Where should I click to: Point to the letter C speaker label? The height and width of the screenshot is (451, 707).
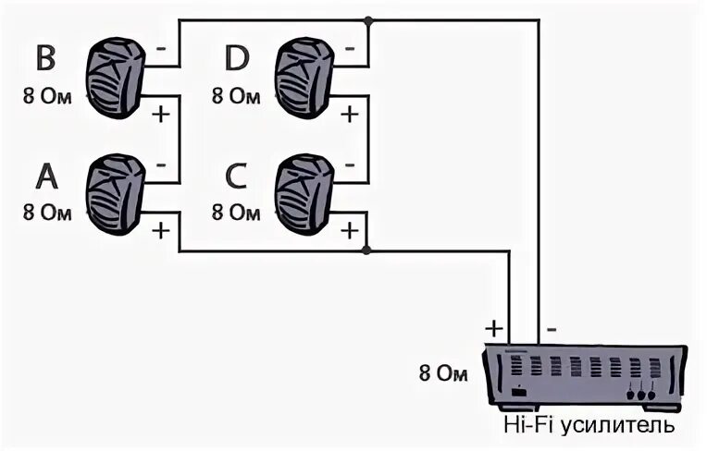237,177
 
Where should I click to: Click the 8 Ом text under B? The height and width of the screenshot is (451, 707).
47,94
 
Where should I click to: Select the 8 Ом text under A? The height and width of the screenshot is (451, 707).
47,212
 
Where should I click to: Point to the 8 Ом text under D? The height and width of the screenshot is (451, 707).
237,94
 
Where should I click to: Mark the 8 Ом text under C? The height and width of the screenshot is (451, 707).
237,212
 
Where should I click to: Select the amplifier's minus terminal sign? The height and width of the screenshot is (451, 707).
552,327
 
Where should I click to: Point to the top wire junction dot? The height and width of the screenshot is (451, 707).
368,20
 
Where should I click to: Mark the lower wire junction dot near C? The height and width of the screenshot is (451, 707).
368,250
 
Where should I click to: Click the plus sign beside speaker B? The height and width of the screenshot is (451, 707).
161,115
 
